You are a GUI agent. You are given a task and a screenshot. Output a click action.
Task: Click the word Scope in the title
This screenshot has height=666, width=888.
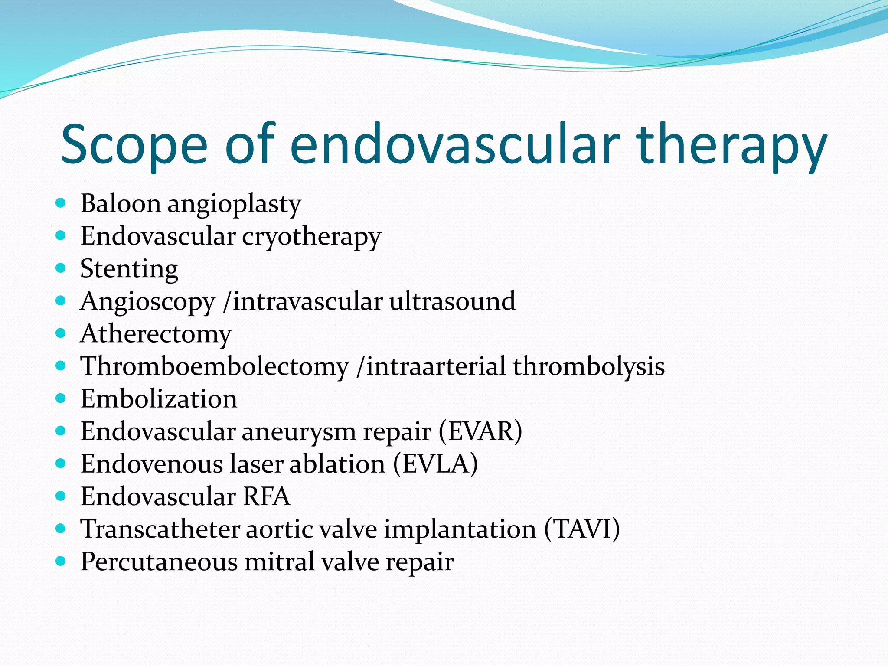(134, 145)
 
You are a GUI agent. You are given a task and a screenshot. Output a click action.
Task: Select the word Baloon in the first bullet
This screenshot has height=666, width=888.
(121, 203)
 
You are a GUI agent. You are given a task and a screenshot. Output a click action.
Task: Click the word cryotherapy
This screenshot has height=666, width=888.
(311, 237)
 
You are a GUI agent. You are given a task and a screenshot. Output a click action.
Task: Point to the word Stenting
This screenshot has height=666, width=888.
(129, 269)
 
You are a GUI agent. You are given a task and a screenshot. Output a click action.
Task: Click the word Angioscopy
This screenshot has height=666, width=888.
(147, 302)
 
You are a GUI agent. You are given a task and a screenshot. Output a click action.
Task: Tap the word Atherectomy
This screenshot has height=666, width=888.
(156, 334)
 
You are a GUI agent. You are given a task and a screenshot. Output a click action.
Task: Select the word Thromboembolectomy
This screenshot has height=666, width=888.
(215, 366)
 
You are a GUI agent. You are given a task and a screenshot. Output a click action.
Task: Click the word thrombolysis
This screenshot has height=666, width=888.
(589, 366)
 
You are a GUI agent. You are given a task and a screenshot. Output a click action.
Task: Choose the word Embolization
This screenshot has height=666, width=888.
(159, 399)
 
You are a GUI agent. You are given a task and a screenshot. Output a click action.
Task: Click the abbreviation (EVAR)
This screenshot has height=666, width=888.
(480, 431)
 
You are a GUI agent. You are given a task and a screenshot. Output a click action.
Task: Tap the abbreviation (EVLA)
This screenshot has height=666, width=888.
(435, 464)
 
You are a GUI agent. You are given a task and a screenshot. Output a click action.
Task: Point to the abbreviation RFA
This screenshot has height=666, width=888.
(266, 496)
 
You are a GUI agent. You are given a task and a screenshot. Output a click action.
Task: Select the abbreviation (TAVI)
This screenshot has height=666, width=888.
(582, 529)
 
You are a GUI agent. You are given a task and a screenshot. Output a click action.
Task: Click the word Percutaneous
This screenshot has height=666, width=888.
(159, 562)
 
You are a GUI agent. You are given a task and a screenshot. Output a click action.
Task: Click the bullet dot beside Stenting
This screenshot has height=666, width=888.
(61, 268)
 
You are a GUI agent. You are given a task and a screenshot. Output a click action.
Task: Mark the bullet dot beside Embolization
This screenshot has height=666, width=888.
(61, 398)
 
